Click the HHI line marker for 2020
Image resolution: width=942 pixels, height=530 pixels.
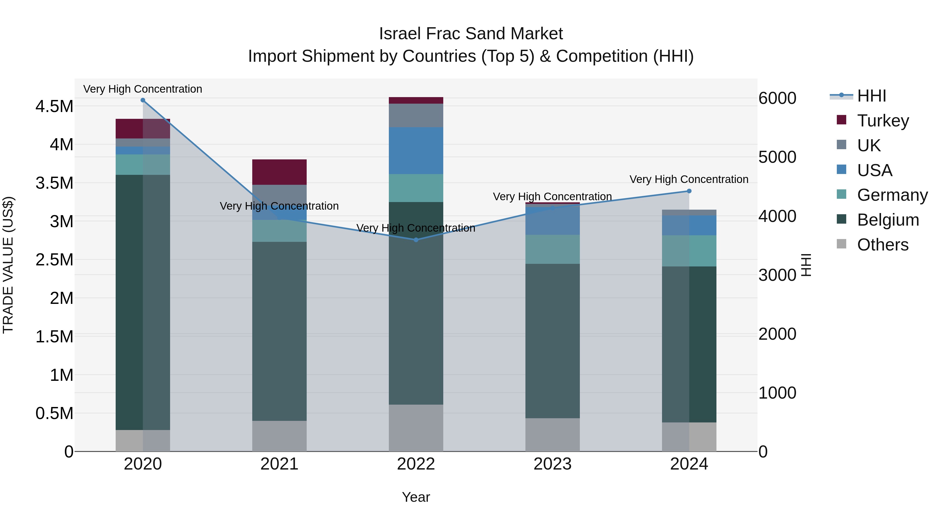[143, 100]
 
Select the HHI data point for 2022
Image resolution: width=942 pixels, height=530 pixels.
[416, 240]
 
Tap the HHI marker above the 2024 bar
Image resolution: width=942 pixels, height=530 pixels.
[689, 191]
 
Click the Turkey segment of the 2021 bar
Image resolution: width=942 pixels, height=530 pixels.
[279, 172]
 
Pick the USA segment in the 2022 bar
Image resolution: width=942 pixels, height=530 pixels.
[416, 151]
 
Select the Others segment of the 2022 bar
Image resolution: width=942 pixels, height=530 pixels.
[416, 428]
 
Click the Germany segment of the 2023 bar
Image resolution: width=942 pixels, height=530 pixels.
[552, 249]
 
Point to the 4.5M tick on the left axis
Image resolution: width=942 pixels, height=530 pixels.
[54, 107]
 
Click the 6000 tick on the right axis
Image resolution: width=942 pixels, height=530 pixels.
[777, 98]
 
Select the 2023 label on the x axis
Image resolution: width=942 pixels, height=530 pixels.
[552, 464]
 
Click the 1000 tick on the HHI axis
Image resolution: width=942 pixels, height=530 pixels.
[777, 393]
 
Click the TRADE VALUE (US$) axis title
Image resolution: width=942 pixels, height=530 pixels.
[8, 265]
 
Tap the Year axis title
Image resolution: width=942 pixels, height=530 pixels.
[416, 497]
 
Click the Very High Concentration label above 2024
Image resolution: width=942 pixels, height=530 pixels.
[689, 179]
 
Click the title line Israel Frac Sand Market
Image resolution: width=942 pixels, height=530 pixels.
[471, 34]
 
